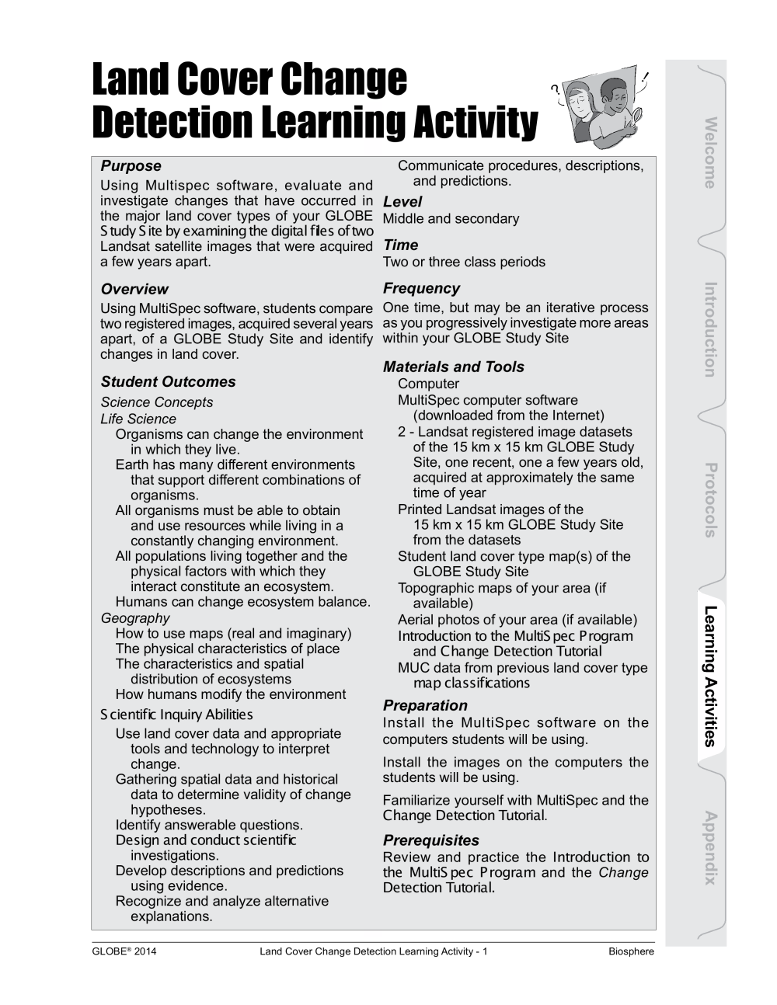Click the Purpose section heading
point(131,166)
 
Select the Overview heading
point(134,290)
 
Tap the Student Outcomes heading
point(168,382)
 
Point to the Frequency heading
point(421,289)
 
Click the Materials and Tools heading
point(453,367)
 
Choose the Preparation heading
point(425,706)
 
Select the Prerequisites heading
point(430,841)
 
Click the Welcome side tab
point(709,153)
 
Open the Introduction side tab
point(709,329)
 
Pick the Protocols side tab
point(709,500)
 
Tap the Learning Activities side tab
point(709,676)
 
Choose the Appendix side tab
point(709,847)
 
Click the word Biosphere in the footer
point(631,951)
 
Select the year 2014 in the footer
point(145,951)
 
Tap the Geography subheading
point(134,618)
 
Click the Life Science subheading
point(138,419)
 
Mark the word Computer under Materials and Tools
point(428,384)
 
